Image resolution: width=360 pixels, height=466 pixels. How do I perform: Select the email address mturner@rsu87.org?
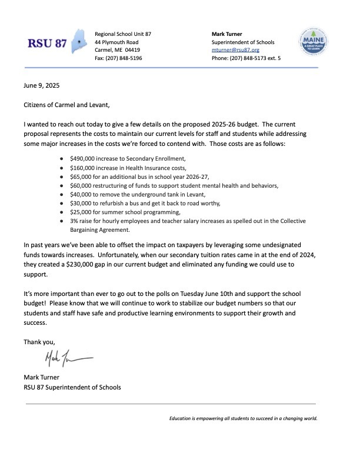[x=235, y=51]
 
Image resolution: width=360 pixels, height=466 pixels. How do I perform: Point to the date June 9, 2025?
[x=42, y=86]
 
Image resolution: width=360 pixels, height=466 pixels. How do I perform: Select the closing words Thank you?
[x=39, y=342]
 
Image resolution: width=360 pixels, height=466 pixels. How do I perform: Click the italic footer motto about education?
[x=243, y=419]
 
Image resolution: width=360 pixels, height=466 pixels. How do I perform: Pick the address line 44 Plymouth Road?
[x=116, y=42]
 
